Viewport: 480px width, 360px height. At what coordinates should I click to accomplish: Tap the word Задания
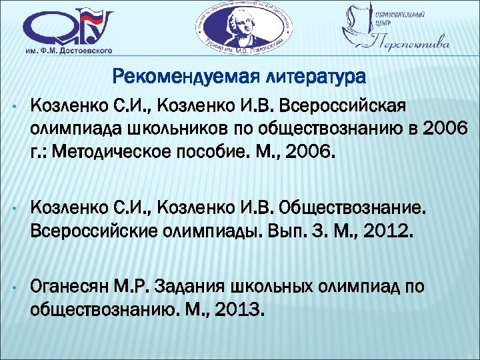click(188, 287)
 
